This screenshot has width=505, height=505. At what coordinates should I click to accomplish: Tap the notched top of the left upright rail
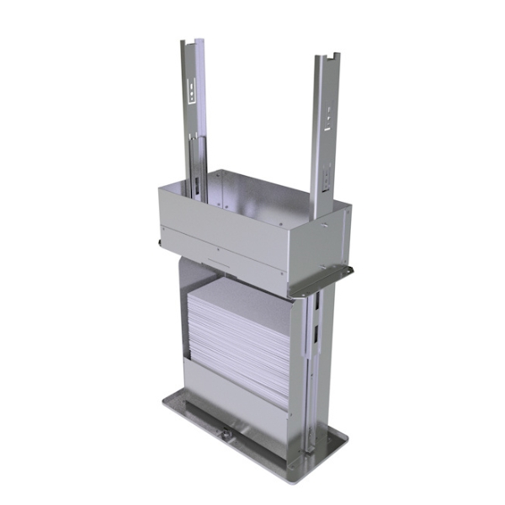193,42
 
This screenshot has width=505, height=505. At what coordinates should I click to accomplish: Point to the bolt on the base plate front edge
226,434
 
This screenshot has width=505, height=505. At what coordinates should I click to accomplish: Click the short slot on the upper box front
218,263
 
